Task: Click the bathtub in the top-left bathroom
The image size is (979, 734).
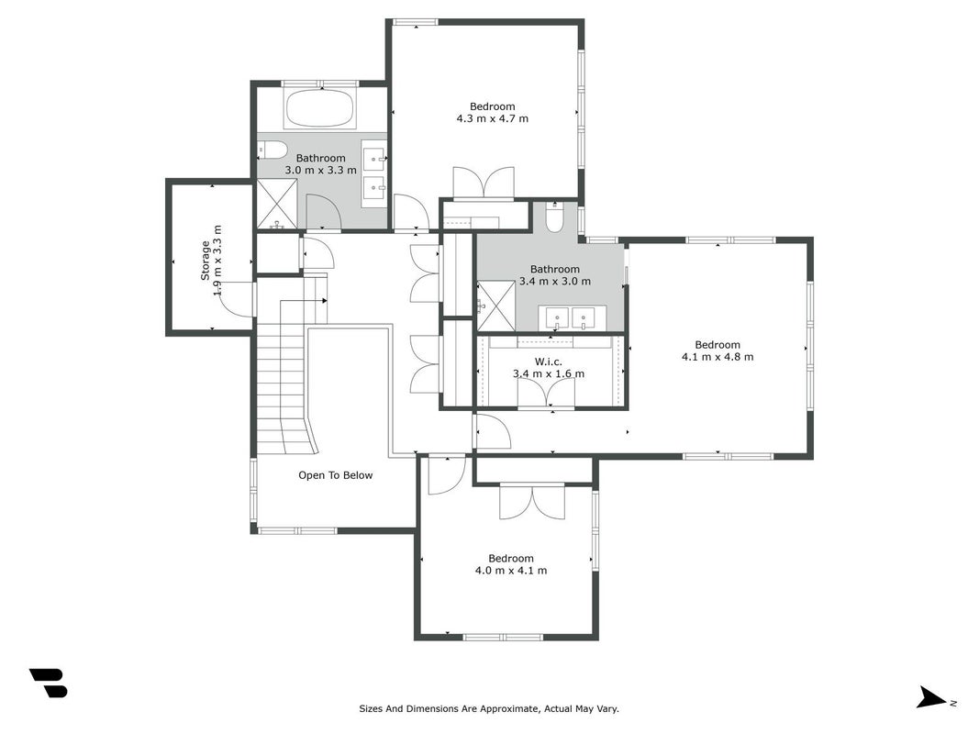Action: [x=320, y=108]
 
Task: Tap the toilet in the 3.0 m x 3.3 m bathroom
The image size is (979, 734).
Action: [x=273, y=150]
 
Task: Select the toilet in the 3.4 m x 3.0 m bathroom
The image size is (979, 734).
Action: [x=554, y=217]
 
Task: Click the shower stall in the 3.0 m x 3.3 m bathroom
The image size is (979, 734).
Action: [x=278, y=204]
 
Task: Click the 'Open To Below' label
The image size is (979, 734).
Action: [x=335, y=475]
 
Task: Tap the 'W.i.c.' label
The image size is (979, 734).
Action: [x=548, y=362]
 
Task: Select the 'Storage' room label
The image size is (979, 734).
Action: [x=206, y=261]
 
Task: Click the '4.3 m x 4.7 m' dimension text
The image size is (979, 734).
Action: [x=493, y=118]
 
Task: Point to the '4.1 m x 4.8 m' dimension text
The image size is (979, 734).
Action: [x=718, y=357]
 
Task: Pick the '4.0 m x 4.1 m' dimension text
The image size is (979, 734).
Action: [x=511, y=571]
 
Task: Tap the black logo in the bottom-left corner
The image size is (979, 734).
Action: [x=49, y=683]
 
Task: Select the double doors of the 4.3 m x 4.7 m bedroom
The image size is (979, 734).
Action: [x=484, y=183]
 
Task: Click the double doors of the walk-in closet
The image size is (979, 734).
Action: [x=546, y=394]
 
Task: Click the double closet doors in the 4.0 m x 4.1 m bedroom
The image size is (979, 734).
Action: [x=532, y=501]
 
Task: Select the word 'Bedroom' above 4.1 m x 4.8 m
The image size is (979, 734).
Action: [x=718, y=345]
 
